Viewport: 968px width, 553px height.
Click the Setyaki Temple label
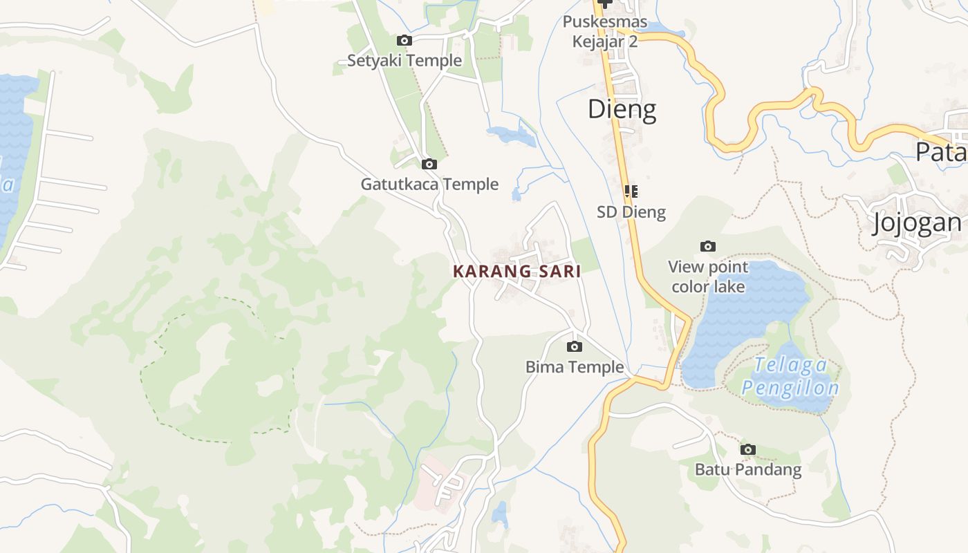(404, 61)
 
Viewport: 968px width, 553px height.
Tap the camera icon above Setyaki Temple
(404, 41)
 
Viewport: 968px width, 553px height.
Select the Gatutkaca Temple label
(429, 185)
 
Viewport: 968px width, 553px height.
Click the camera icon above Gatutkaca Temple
(429, 165)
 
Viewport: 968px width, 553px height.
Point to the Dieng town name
(622, 109)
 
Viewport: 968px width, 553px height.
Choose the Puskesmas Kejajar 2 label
(605, 32)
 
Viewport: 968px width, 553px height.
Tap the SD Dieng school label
(631, 212)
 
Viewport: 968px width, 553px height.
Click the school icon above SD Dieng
(631, 191)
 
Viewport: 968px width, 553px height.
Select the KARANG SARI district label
(516, 272)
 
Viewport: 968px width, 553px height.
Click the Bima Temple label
(575, 367)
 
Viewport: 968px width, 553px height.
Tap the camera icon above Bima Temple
(574, 347)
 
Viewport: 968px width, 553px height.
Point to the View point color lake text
(708, 276)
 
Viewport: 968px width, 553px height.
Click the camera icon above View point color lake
(707, 247)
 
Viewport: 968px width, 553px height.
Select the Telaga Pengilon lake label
(790, 377)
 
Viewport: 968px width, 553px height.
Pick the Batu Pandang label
(748, 470)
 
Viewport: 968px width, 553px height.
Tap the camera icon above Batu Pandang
(747, 450)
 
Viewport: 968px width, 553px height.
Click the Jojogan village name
(917, 223)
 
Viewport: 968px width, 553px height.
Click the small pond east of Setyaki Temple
(512, 135)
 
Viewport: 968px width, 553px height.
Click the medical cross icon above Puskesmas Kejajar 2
(606, 3)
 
